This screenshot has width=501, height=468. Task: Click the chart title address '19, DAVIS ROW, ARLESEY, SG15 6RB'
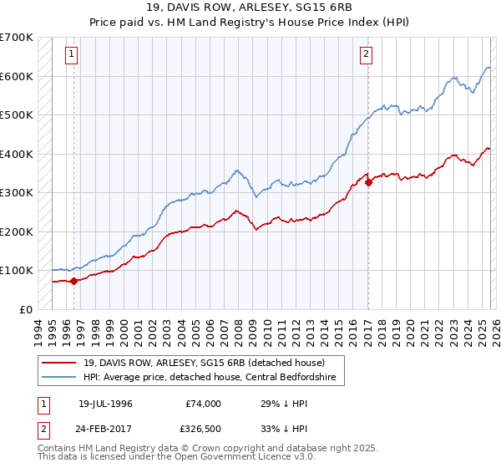251,8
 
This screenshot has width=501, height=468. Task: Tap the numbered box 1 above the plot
73,55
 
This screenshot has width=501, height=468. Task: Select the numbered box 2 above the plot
367,55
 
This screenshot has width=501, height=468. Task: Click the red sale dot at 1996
74,281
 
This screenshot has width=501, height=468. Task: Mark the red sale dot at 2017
368,182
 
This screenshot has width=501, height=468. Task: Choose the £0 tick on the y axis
25,309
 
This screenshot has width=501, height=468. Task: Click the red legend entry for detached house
207,362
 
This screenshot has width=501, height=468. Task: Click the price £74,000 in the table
203,404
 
